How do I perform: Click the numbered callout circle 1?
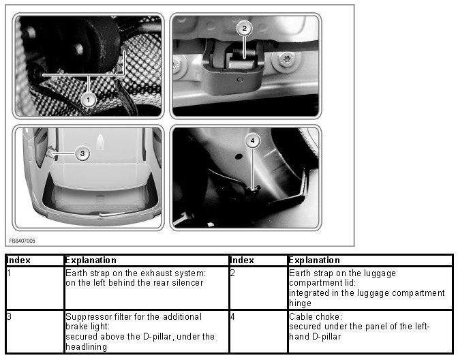tap(89, 100)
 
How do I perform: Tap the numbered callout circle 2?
tap(244, 29)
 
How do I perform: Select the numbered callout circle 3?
tap(82, 153)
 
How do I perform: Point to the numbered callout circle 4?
tap(253, 141)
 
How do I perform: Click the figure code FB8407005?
tap(22, 241)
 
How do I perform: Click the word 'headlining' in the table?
tap(86, 347)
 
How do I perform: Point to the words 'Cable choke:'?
tap(316, 317)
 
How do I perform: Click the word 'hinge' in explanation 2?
tap(300, 303)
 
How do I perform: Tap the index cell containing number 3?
tap(35, 331)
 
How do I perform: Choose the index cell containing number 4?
tap(259, 331)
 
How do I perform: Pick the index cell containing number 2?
tap(259, 288)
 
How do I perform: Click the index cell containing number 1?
tap(35, 288)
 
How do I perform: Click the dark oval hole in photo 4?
tap(239, 157)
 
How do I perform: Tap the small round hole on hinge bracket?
tap(240, 80)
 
